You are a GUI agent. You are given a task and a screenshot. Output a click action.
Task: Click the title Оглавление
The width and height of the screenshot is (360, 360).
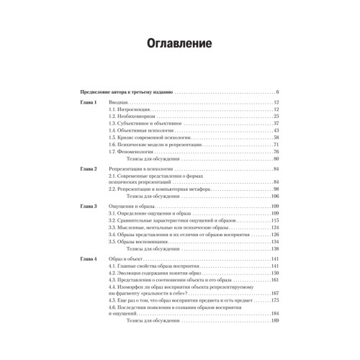(179, 43)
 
